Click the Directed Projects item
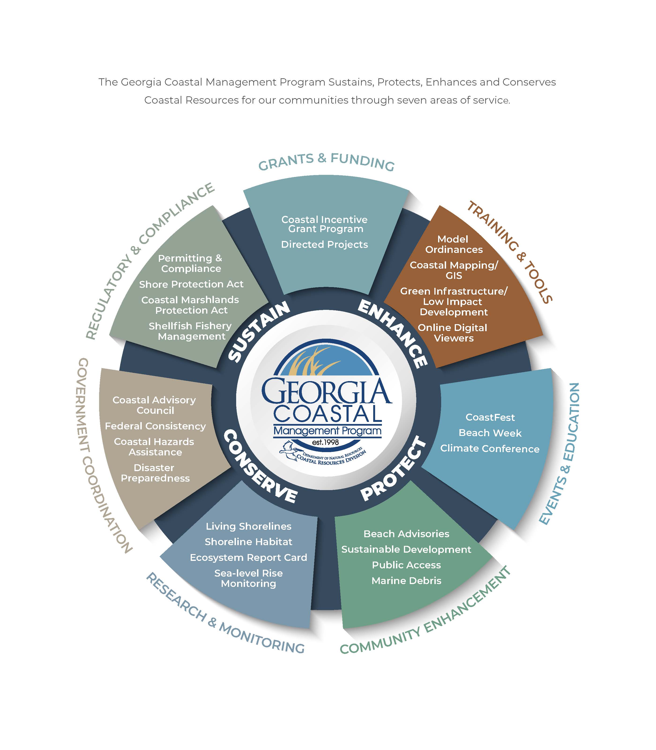(x=324, y=245)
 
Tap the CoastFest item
(x=490, y=417)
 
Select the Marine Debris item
(x=406, y=581)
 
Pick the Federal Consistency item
(x=155, y=426)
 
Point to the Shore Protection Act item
(x=191, y=284)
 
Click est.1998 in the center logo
(x=325, y=442)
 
